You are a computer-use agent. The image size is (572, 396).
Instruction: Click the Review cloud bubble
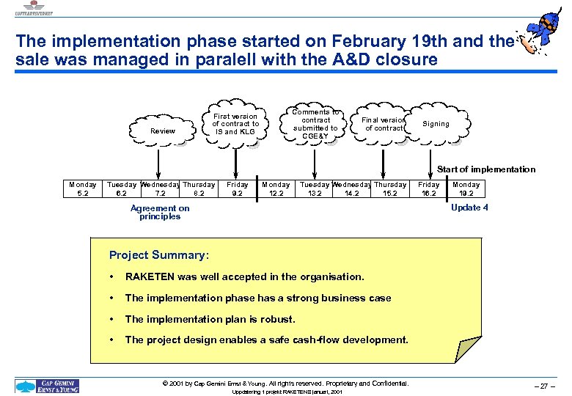point(162,131)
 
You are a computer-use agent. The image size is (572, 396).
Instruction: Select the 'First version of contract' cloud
point(235,124)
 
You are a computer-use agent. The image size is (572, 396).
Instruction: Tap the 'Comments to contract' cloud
point(315,124)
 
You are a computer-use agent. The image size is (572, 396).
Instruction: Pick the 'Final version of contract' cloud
point(384,124)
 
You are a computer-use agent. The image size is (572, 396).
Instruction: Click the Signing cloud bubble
point(436,124)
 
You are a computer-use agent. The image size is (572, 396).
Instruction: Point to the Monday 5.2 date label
point(82,189)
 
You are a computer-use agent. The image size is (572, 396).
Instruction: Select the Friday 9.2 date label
point(237,189)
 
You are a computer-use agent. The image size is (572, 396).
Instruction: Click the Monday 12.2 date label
point(276,189)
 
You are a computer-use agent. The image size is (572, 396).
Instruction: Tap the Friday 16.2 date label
point(428,189)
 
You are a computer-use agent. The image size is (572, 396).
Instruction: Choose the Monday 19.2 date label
point(466,189)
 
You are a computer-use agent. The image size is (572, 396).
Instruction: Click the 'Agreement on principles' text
point(160,212)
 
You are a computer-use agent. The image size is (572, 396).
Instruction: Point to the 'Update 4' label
point(469,208)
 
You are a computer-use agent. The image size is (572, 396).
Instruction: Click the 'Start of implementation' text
point(486,169)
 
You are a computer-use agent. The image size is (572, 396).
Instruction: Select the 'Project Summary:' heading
point(158,255)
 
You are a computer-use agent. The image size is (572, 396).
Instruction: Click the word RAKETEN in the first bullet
point(150,277)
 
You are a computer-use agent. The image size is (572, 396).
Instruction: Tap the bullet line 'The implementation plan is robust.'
point(210,319)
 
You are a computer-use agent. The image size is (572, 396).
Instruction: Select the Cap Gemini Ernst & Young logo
point(48,386)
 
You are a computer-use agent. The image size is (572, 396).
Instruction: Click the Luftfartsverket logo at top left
point(31,7)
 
